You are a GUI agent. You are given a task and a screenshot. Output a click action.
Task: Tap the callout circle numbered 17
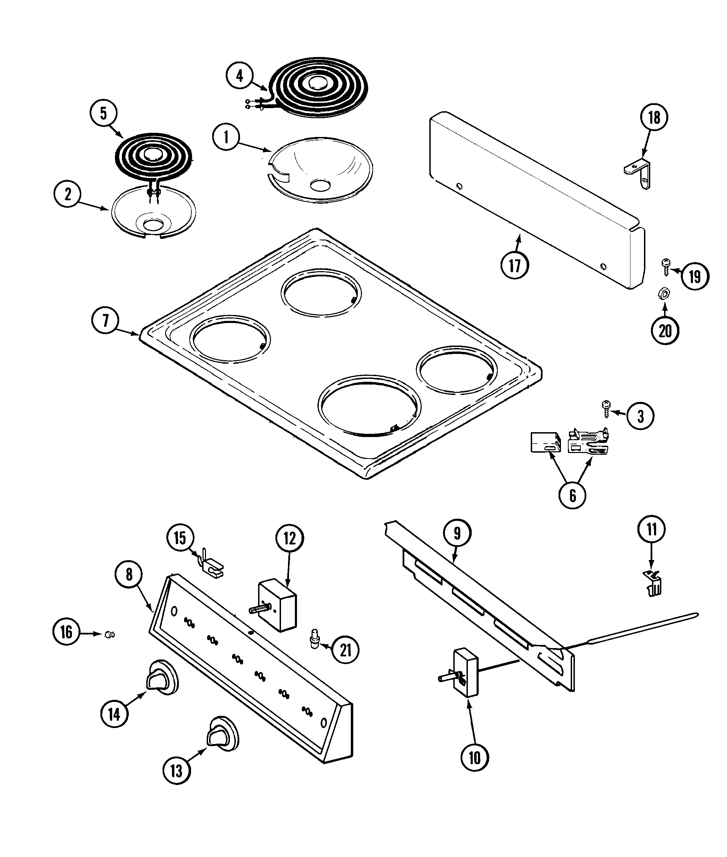[x=515, y=265]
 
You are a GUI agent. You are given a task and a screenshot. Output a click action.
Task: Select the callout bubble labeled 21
[x=345, y=650]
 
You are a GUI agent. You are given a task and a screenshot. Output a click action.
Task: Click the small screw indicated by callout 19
[x=665, y=266]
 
